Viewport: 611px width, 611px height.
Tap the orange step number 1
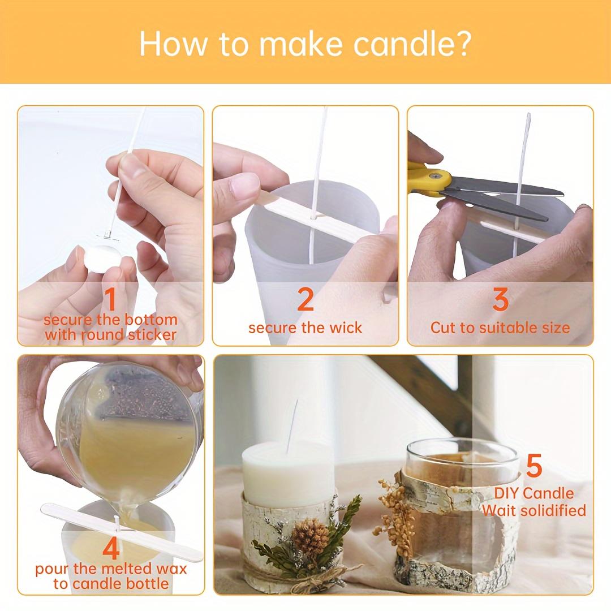110,298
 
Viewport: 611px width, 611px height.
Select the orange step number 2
305,299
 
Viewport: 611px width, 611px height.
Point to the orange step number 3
500,299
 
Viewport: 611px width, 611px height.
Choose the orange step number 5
534,466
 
